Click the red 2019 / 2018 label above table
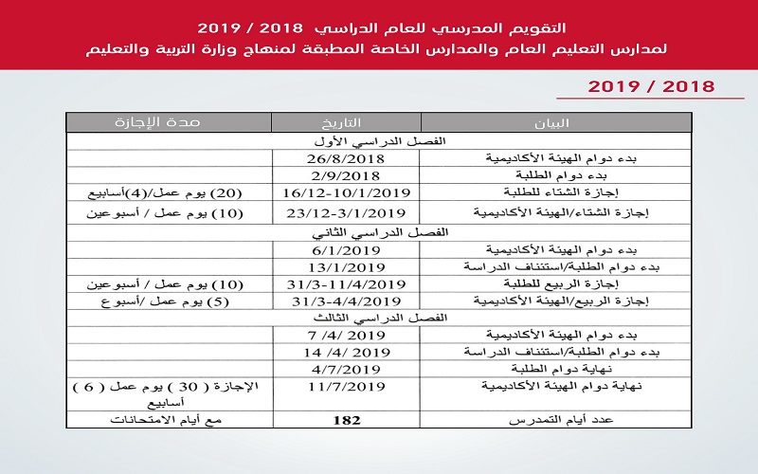650,87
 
